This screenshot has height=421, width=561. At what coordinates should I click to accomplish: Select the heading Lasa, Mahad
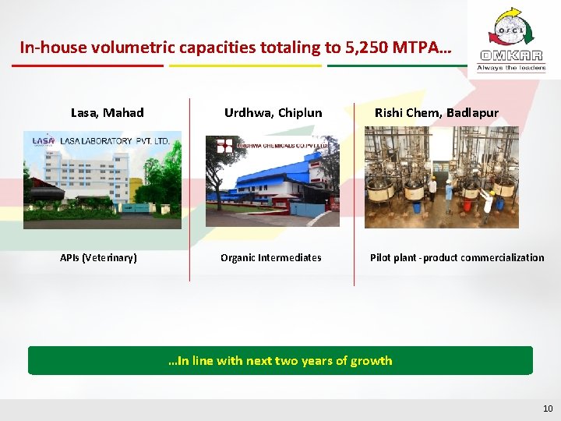(107, 113)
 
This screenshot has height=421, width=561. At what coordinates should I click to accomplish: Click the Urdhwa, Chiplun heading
(273, 113)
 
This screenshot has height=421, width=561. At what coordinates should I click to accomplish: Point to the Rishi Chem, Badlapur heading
(436, 113)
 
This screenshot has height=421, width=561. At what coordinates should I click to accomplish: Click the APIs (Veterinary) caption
(99, 258)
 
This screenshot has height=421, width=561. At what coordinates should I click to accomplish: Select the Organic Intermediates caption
(270, 258)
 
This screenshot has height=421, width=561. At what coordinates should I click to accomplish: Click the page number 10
(547, 409)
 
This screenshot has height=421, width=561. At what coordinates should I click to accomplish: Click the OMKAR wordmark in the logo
(512, 56)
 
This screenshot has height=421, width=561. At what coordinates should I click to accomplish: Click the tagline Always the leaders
(512, 69)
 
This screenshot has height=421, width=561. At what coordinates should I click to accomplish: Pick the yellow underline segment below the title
(245, 65)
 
